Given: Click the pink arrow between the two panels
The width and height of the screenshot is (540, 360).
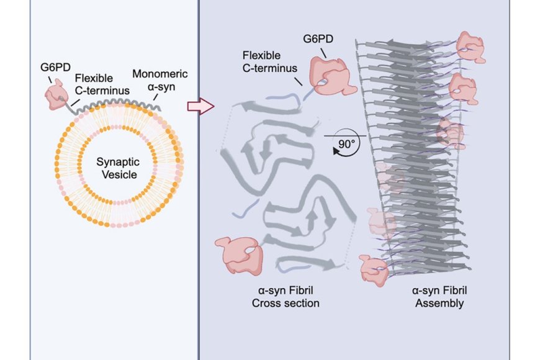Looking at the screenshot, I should tap(200, 107).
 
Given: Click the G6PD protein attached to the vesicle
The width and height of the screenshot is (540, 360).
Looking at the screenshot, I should tap(55, 94).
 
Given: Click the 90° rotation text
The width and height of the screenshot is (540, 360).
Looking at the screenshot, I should tap(345, 143).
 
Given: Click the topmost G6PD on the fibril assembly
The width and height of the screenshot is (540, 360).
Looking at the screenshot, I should tap(470, 47).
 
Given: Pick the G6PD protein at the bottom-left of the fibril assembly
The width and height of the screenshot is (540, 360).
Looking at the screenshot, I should tap(374, 269).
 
